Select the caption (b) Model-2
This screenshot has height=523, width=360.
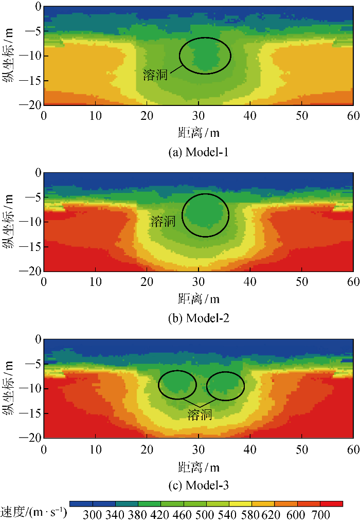[x=199, y=318]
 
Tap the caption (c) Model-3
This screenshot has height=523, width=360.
[x=199, y=485]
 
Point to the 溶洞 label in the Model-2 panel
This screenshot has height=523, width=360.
[x=163, y=222]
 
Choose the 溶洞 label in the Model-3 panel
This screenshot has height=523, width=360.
[x=200, y=414]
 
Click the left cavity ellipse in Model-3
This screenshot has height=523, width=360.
[x=177, y=385]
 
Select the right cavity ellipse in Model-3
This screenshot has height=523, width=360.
[x=226, y=386]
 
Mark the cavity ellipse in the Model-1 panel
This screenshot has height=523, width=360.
[x=205, y=56]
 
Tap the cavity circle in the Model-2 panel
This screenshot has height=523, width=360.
[x=206, y=215]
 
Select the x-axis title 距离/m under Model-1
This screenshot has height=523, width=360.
[x=199, y=133]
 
